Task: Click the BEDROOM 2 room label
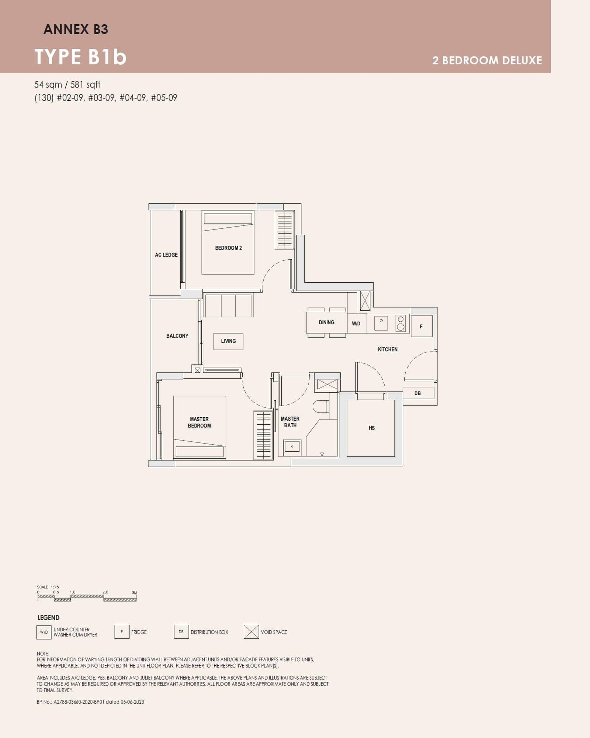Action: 228,248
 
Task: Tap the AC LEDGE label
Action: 166,255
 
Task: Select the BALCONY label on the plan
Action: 177,336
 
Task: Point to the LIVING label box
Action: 228,341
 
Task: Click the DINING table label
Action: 326,323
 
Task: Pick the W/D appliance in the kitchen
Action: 356,324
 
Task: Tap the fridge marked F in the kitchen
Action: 421,326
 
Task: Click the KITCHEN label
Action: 388,349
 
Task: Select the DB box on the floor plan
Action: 418,393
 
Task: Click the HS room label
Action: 372,428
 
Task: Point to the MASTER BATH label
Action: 290,422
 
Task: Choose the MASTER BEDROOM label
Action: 199,423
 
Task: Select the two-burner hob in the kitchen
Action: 401,323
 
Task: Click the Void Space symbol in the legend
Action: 251,632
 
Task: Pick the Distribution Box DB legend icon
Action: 181,632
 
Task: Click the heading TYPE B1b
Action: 81,57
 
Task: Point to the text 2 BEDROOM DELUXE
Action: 487,61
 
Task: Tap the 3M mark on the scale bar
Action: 134,593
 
